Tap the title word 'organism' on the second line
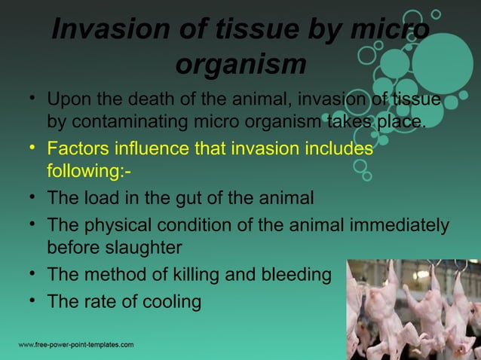(240, 65)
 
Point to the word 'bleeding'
(293, 275)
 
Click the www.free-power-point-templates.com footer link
(76, 345)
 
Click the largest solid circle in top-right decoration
(441, 61)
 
